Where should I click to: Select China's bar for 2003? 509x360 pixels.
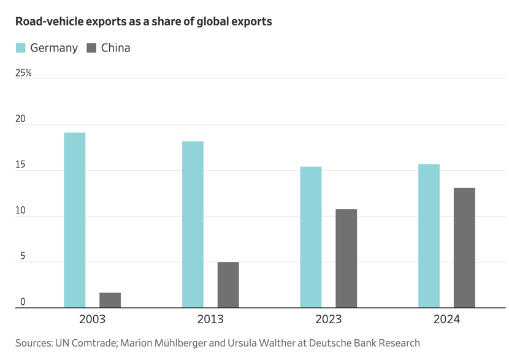tap(110, 300)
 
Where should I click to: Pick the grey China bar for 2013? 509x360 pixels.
tap(228, 285)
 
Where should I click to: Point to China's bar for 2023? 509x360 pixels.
tap(346, 258)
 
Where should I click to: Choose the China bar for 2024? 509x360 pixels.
tap(464, 247)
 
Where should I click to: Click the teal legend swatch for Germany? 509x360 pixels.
tap(21, 48)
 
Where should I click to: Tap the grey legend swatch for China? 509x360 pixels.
tap(92, 48)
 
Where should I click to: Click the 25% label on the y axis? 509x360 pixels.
tap(23, 73)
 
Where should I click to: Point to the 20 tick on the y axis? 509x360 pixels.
tap(21, 119)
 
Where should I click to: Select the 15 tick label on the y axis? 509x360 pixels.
tap(21, 165)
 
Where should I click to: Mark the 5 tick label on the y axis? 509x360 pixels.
tap(23, 256)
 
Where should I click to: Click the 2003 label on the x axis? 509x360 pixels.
tap(92, 320)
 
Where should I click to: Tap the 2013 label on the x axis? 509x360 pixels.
tap(210, 320)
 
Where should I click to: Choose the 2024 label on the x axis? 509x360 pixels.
tap(446, 320)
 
